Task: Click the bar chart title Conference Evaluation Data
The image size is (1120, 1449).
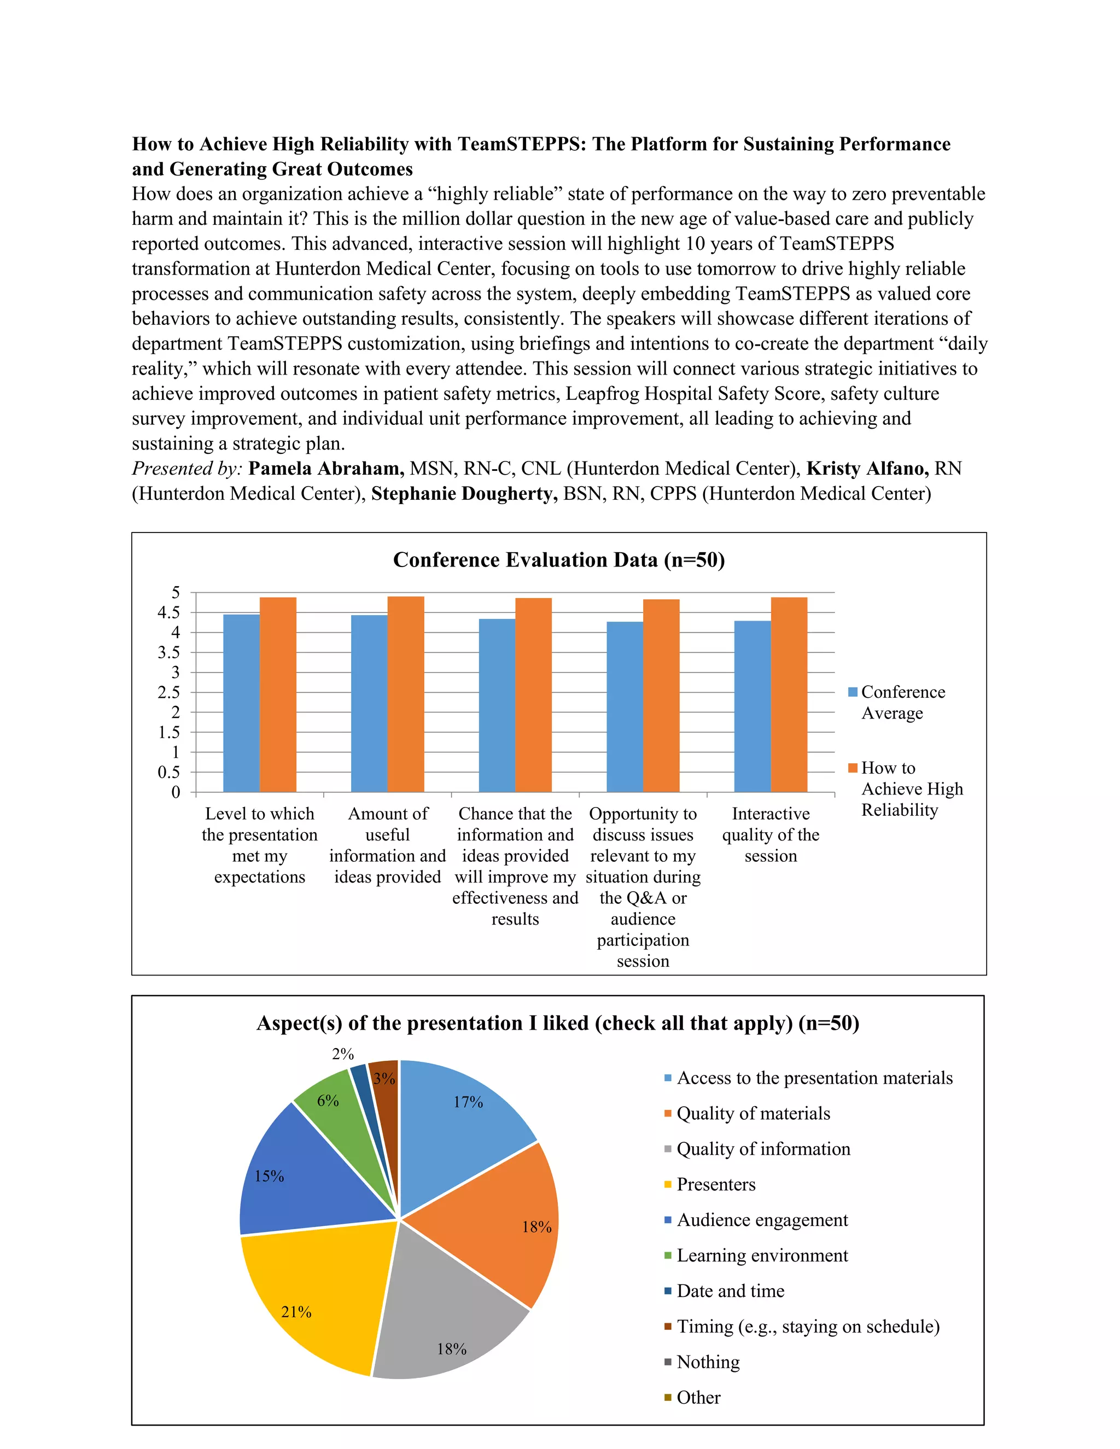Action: click(x=559, y=560)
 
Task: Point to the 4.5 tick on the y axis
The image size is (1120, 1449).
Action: click(x=168, y=612)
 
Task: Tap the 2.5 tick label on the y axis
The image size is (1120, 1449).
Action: click(x=168, y=692)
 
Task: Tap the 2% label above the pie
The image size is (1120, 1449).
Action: click(x=343, y=1054)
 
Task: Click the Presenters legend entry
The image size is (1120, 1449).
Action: click(x=715, y=1184)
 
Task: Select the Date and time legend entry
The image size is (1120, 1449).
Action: click(x=730, y=1290)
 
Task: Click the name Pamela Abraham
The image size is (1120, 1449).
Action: click(x=326, y=469)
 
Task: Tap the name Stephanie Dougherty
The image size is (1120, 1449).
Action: click(x=464, y=494)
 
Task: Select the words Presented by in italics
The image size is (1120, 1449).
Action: click(x=187, y=469)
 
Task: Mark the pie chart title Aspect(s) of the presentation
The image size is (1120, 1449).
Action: click(x=557, y=1023)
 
